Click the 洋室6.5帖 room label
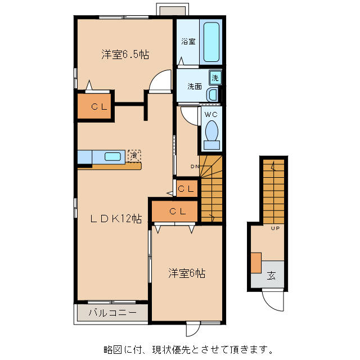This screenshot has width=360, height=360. coord(125,55)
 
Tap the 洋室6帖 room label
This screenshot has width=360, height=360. coord(187,273)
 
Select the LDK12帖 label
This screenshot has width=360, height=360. coord(116,219)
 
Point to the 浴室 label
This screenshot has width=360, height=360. coord(188,42)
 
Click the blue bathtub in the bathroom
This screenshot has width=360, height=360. coord(211,43)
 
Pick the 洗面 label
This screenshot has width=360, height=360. coord(195,87)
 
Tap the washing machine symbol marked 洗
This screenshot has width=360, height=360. coord(215,77)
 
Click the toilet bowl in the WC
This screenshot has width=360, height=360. coord(211,132)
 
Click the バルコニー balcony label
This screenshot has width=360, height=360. coord(112,313)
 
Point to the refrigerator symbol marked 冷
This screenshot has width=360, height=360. coord(134,155)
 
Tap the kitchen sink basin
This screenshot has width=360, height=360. coord(114,156)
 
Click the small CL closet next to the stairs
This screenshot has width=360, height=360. coord(187,188)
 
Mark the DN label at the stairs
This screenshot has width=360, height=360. coord(195,166)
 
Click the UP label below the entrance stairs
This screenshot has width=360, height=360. coord(276,228)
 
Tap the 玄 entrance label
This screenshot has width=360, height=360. coord(272,276)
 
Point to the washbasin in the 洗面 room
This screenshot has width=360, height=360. coord(213,94)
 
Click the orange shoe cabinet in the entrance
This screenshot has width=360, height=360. coord(256,263)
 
